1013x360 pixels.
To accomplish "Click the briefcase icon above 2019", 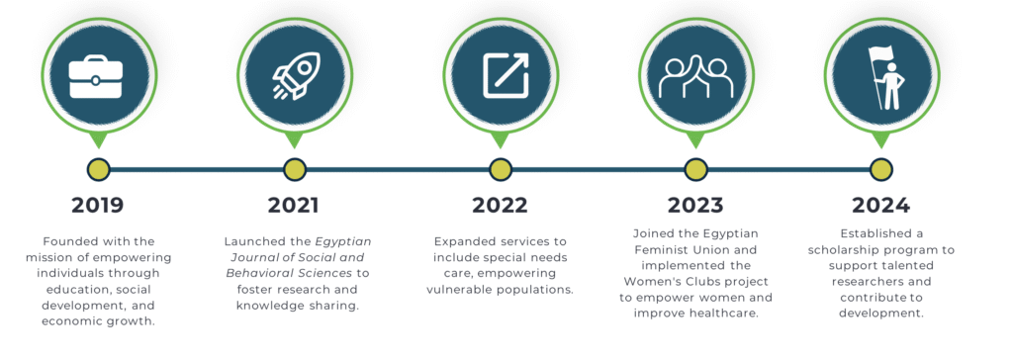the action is tap(96, 77).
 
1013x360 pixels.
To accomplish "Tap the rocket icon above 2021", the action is tap(295, 75).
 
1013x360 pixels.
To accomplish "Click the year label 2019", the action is tap(98, 206).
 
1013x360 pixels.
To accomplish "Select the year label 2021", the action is tap(293, 206).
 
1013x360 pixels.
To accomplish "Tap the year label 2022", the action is tap(500, 206).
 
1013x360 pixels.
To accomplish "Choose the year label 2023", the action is tap(695, 206).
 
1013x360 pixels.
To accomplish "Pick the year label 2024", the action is tap(880, 206).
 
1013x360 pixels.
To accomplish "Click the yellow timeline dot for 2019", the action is tap(99, 170).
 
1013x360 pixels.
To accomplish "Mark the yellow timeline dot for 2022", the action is tap(500, 170).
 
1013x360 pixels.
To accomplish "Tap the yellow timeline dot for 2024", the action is tap(881, 170).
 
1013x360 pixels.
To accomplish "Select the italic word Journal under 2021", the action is tap(243, 257).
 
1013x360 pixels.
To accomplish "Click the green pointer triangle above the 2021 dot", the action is tap(294, 139).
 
